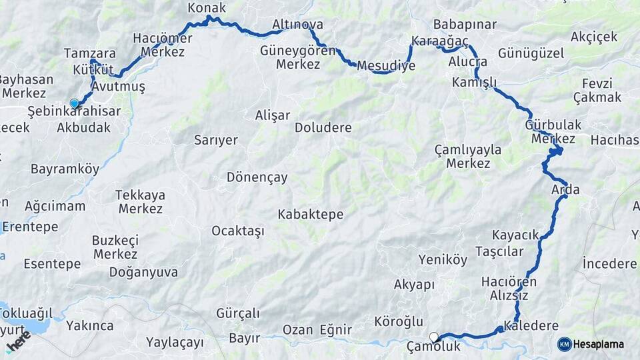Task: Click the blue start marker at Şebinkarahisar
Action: point(74,103)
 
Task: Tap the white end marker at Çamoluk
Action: point(434,337)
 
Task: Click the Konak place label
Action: point(207,8)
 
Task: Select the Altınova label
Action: point(297,25)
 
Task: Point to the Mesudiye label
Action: point(386,65)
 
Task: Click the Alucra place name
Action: point(468,61)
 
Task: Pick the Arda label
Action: point(565,190)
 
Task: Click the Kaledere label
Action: point(531,326)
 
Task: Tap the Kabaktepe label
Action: point(311,214)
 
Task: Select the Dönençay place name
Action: point(257,177)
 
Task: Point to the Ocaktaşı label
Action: point(238,231)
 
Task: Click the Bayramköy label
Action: point(65,169)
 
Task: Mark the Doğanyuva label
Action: point(143,272)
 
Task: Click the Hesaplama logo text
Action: point(598,344)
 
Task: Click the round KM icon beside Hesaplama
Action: point(564,344)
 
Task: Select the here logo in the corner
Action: point(18,343)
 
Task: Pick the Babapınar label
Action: point(465,25)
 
